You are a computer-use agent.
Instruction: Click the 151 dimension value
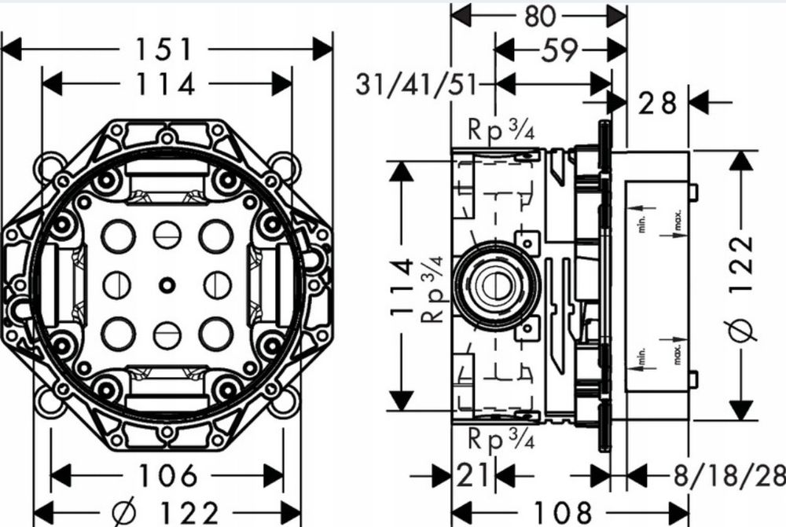(164, 49)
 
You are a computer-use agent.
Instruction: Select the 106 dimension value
(167, 475)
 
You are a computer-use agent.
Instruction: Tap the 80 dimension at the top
(540, 16)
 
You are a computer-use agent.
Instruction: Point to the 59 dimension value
(560, 49)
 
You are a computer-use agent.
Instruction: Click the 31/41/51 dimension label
(416, 85)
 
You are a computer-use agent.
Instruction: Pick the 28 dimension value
(657, 103)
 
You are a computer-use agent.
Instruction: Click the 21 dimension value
(472, 475)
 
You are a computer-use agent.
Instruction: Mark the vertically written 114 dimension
(402, 287)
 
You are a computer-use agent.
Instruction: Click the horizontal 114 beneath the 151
(165, 84)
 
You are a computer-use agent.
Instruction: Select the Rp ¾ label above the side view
(501, 130)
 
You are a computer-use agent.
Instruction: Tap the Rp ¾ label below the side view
(501, 439)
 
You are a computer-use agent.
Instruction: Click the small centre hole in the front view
(167, 285)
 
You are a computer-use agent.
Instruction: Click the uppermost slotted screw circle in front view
(167, 235)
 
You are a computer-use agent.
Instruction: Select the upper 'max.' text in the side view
(678, 221)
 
